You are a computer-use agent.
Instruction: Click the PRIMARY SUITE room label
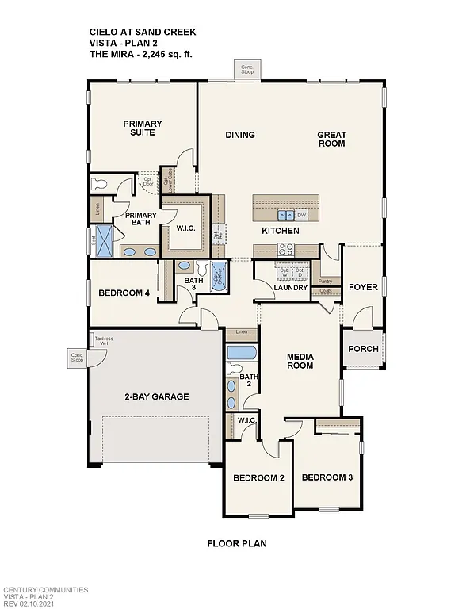(x=143, y=128)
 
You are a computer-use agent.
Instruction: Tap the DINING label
(x=239, y=135)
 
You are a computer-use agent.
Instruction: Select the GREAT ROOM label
(x=331, y=140)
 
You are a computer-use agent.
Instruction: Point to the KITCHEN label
(x=281, y=231)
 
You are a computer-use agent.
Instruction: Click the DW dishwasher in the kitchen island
(x=302, y=215)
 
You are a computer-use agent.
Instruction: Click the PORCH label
(x=364, y=349)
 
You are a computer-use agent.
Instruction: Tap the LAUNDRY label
(x=291, y=288)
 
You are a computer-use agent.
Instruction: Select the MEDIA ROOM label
(x=300, y=362)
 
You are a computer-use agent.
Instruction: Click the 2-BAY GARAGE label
(x=156, y=396)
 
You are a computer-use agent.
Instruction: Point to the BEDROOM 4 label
(x=124, y=293)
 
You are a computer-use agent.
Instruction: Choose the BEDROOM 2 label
(x=258, y=478)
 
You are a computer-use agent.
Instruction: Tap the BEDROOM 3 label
(x=327, y=477)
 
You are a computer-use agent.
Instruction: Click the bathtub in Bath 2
(x=240, y=352)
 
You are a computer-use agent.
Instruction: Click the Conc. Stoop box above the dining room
(x=246, y=69)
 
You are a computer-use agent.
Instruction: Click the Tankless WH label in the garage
(x=104, y=342)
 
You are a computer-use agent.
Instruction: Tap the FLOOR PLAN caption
(x=236, y=544)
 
